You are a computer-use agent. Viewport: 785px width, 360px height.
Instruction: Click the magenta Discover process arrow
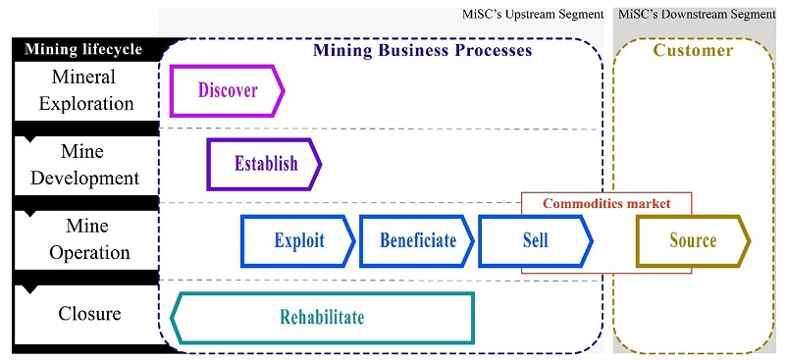tap(227, 91)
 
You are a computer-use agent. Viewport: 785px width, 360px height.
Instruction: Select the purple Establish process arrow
tap(264, 164)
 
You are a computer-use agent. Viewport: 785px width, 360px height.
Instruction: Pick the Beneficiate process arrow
tap(417, 240)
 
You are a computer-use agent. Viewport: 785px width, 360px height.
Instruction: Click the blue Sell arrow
tap(535, 240)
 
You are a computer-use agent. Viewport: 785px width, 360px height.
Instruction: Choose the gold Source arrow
tap(693, 240)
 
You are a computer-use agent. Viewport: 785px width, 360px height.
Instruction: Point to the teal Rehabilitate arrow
tap(322, 318)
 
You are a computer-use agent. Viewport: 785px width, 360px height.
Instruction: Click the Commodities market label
tap(605, 204)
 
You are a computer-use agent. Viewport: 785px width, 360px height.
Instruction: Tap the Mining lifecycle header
tap(83, 49)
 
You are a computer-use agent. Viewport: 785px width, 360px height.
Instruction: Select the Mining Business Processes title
tap(422, 49)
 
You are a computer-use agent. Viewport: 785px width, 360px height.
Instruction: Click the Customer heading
tap(693, 50)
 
